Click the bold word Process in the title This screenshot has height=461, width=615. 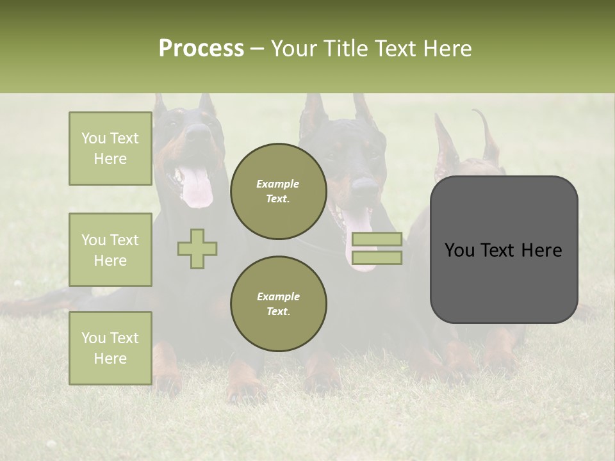[x=201, y=49]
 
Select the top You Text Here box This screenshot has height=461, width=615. [x=110, y=149]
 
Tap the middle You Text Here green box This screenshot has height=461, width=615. [x=110, y=250]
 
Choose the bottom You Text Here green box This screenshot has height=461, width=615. [x=110, y=348]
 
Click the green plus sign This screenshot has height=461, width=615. [x=197, y=248]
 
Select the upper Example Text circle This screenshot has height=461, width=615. [x=278, y=191]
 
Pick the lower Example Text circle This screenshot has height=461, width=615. [x=278, y=303]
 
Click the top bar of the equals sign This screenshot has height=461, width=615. [x=377, y=239]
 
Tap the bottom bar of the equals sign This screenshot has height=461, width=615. [x=377, y=258]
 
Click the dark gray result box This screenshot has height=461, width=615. [x=504, y=250]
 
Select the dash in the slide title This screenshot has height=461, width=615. [x=257, y=49]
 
